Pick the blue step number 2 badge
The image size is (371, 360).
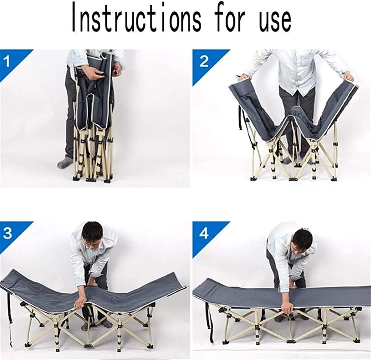click(x=206, y=63)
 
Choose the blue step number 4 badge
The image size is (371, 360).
click(x=206, y=235)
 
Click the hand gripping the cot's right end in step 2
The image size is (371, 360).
click(x=349, y=77)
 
